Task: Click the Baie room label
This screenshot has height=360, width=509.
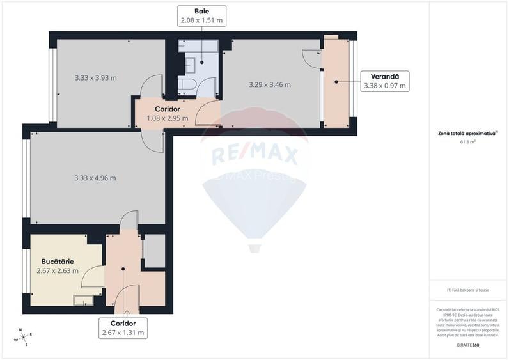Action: (x=201, y=11)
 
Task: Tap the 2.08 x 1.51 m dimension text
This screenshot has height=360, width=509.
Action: (x=201, y=20)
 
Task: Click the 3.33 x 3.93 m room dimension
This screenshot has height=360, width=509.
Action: (x=95, y=78)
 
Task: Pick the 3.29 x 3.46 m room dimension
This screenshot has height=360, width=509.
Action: (x=269, y=84)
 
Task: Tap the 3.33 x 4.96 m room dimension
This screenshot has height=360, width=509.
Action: (x=95, y=178)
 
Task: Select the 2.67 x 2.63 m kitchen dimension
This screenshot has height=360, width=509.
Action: (x=58, y=270)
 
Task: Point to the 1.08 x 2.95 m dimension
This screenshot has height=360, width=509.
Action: (x=167, y=118)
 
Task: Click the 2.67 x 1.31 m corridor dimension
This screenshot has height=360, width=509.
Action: (x=123, y=333)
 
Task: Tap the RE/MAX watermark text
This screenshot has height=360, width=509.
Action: (x=254, y=155)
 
